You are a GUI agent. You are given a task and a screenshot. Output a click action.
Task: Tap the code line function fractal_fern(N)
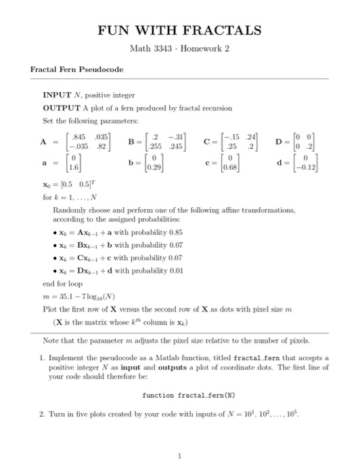[179, 393]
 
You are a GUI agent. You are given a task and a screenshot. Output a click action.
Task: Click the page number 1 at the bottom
[179, 456]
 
